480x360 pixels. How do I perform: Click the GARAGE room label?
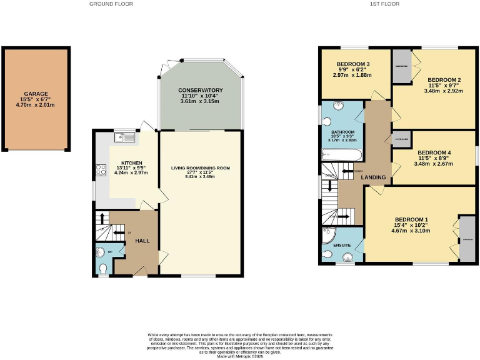coord(36,94)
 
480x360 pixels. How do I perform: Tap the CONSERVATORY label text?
coord(200,90)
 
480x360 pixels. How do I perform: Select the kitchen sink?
coord(123,134)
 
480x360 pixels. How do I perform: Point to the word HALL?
coord(142,241)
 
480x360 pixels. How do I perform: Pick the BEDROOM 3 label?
coord(354,64)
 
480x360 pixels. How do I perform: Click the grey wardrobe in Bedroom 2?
coord(402,66)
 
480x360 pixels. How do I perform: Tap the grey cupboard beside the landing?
coord(401,139)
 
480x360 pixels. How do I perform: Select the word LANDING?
coord(373,177)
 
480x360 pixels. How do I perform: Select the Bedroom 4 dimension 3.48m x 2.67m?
coord(435,164)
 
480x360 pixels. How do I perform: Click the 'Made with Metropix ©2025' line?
coord(241,356)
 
